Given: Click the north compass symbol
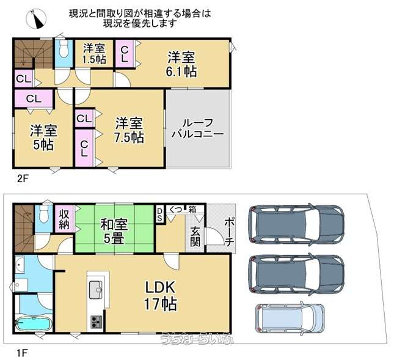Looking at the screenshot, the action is (36, 19).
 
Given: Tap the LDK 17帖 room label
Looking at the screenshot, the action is (160, 296).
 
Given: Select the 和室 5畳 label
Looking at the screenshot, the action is (114, 232).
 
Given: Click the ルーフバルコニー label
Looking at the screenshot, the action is (197, 129).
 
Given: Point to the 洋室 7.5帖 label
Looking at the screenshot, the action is (129, 130).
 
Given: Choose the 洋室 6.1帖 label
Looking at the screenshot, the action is (181, 64).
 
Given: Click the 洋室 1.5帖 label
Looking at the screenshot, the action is (94, 53).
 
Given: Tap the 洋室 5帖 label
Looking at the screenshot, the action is (43, 138).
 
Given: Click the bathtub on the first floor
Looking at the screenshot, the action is (34, 325).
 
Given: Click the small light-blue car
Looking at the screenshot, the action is (290, 318).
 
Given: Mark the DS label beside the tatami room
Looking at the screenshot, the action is (159, 215).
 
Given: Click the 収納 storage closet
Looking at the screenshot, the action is (65, 218).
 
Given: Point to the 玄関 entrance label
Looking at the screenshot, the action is (195, 237).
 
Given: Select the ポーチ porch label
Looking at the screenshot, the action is (229, 232).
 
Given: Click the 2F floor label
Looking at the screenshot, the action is (23, 178).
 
